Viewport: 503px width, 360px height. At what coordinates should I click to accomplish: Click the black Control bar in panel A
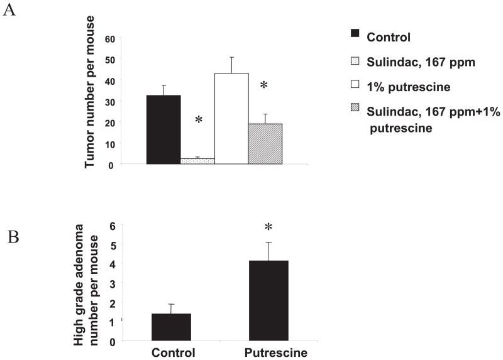point(163,129)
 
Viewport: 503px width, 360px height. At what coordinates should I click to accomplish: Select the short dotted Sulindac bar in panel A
point(197,161)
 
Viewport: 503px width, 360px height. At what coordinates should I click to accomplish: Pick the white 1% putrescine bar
point(231,119)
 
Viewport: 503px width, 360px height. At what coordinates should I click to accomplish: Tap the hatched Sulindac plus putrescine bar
point(265,144)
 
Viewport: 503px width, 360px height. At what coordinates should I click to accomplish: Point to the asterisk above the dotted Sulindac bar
point(199,119)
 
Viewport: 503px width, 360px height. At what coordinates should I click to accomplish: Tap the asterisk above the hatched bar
point(264,85)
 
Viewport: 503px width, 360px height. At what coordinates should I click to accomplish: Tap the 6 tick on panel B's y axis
point(114,226)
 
